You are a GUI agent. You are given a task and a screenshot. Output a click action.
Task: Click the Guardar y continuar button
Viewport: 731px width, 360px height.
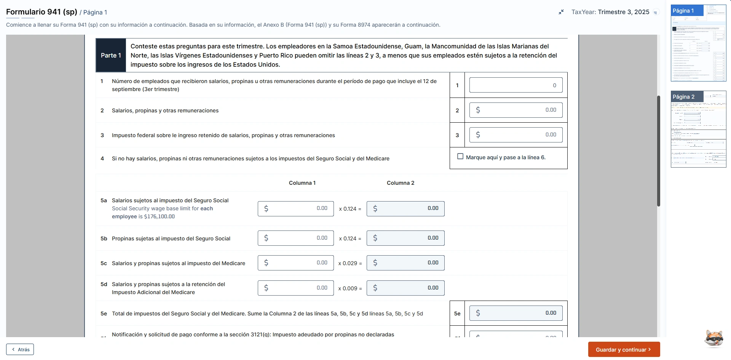pyautogui.click(x=624, y=349)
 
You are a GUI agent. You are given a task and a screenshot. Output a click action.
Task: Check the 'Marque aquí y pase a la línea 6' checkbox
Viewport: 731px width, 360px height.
pyautogui.click(x=460, y=157)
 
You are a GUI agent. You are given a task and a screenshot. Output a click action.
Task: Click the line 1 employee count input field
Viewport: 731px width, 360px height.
pyautogui.click(x=516, y=85)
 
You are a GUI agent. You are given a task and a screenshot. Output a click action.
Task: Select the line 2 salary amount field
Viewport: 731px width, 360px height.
pyautogui.click(x=516, y=110)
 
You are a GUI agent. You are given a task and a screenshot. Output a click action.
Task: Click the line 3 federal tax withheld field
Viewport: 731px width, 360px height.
pyautogui.click(x=516, y=135)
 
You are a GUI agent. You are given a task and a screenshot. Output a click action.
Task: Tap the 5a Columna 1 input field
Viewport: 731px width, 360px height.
pyautogui.click(x=295, y=208)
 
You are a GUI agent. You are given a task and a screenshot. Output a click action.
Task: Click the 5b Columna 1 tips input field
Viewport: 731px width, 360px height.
pyautogui.click(x=295, y=238)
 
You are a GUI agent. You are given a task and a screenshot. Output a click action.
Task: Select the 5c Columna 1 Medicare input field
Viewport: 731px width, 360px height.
pyautogui.click(x=295, y=263)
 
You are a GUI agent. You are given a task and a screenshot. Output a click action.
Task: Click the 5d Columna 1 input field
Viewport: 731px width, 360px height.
pyautogui.click(x=295, y=288)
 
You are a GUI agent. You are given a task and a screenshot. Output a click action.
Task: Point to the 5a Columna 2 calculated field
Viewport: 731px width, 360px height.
pyautogui.click(x=405, y=208)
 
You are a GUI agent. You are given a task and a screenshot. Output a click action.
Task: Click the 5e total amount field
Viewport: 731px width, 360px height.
pyautogui.click(x=516, y=313)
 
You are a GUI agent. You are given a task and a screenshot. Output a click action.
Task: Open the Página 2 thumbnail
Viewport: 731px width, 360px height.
pyautogui.click(x=698, y=129)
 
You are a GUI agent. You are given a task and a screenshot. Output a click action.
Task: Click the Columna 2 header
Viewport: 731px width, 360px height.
pyautogui.click(x=401, y=183)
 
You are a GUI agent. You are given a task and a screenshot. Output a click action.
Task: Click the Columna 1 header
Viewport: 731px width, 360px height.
pyautogui.click(x=302, y=183)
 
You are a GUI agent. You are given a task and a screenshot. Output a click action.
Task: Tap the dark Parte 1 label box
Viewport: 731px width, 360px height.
pyautogui.click(x=111, y=55)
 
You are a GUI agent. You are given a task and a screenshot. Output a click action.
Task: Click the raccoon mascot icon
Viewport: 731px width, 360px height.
pyautogui.click(x=713, y=338)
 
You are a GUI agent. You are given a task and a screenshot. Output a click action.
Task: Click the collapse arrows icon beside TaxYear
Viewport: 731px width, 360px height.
pyautogui.click(x=561, y=12)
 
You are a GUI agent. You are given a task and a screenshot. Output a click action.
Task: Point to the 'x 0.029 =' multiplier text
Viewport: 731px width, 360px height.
pyautogui.click(x=350, y=263)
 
